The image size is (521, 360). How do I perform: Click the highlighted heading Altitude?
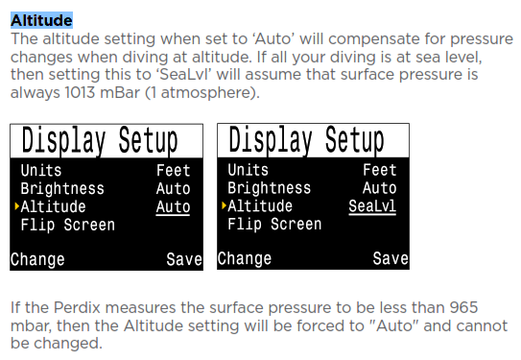(x=41, y=20)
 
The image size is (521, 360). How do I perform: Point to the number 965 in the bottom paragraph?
(x=463, y=307)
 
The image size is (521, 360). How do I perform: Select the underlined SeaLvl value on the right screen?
(x=372, y=206)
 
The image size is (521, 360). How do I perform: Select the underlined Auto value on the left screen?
(x=173, y=207)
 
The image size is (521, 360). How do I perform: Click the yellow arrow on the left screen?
(x=16, y=206)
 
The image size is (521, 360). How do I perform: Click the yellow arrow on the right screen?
(x=224, y=205)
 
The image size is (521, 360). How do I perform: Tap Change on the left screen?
(x=37, y=259)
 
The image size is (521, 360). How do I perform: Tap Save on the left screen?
(x=184, y=259)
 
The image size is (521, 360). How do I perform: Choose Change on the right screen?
(x=245, y=258)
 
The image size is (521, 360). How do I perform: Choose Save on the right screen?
(x=391, y=258)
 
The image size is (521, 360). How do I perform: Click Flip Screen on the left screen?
(x=68, y=225)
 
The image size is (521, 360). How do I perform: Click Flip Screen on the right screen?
(x=274, y=225)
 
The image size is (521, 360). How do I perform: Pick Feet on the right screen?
(x=379, y=170)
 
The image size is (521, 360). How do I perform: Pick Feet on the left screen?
(x=173, y=171)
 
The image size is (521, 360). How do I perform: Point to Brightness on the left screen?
(x=62, y=189)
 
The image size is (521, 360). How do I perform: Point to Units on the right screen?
(x=248, y=170)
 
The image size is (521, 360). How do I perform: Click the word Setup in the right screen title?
(x=355, y=140)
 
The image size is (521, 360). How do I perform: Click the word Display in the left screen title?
(x=63, y=141)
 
